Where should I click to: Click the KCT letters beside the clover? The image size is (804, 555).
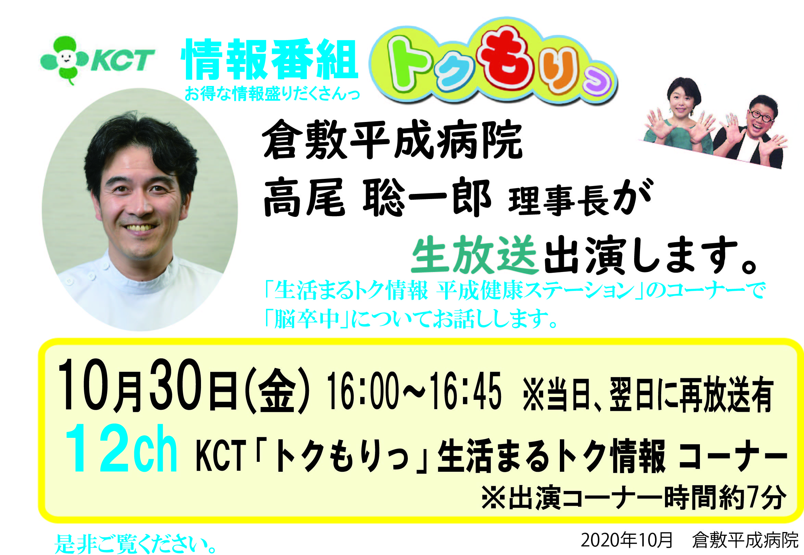pyautogui.click(x=122, y=60)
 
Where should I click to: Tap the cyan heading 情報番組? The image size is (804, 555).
pyautogui.click(x=270, y=60)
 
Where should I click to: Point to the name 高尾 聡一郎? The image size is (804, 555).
pyautogui.click(x=377, y=197)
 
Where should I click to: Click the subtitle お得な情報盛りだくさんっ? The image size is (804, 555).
pyautogui.click(x=272, y=93)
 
